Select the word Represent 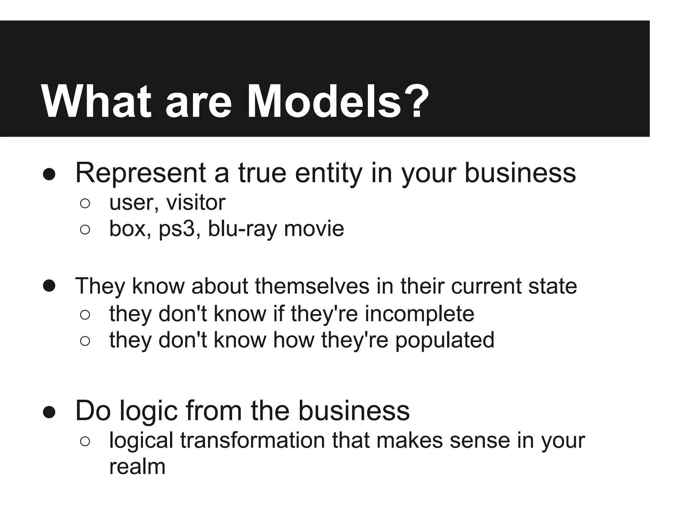[x=141, y=173]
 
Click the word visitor [x=196, y=202]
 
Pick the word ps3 [x=176, y=229]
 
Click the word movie [x=314, y=229]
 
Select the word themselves [x=312, y=286]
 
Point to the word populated [x=445, y=340]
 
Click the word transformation [x=252, y=440]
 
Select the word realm [x=137, y=467]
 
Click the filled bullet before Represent [x=49, y=174]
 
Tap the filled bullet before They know [x=49, y=286]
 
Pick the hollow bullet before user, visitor [x=85, y=203]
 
